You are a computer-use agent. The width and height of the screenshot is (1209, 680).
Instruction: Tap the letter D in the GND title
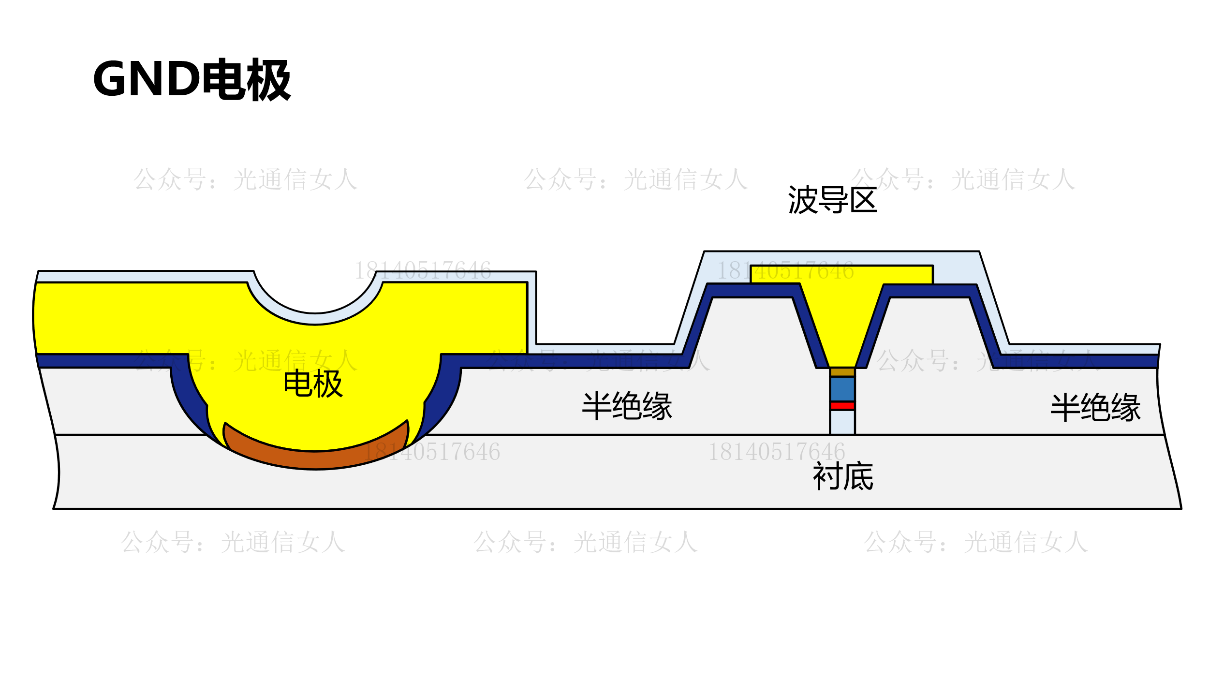click(x=184, y=78)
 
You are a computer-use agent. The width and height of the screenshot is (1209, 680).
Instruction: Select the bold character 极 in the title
click(x=269, y=79)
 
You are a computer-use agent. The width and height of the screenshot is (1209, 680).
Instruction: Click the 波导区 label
click(x=832, y=200)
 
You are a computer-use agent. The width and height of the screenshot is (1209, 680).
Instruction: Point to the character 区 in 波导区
click(x=864, y=200)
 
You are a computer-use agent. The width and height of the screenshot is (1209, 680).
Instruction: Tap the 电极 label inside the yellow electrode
click(x=313, y=384)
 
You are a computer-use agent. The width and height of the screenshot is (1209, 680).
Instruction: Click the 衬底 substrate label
click(x=843, y=476)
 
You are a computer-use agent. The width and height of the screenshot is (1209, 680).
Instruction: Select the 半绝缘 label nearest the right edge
click(x=1096, y=407)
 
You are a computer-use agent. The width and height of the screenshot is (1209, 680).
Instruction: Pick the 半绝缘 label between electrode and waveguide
click(x=627, y=406)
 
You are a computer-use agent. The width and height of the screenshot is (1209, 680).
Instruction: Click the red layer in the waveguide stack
click(x=842, y=406)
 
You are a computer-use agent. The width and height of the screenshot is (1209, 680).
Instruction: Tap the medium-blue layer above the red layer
click(x=842, y=389)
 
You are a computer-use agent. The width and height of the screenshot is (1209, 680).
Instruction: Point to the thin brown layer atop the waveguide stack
click(x=842, y=372)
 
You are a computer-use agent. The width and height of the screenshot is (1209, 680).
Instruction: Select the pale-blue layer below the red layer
click(x=842, y=422)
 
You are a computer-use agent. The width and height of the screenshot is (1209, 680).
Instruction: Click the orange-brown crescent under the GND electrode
click(x=315, y=458)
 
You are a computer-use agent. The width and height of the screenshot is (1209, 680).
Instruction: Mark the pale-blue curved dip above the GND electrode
click(x=315, y=319)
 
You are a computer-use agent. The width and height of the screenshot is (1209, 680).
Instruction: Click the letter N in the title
click(x=146, y=78)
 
